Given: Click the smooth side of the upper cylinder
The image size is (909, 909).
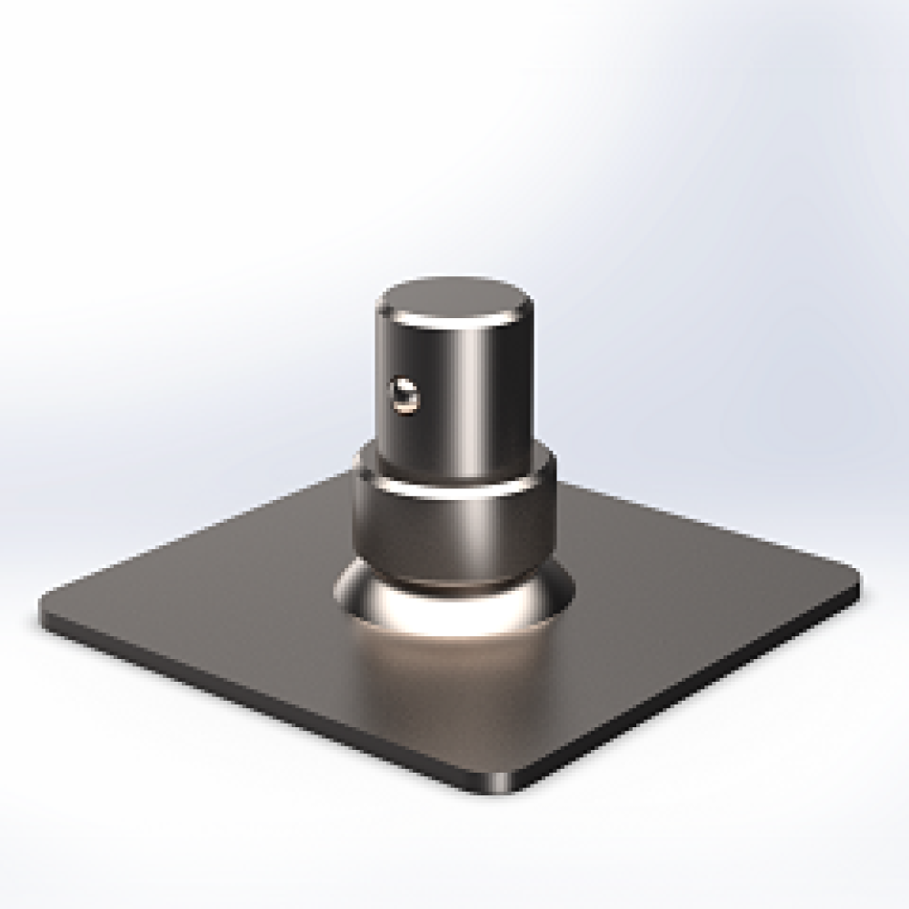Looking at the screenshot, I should pos(491,382).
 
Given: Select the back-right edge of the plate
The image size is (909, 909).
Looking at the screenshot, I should pos(700,518).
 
